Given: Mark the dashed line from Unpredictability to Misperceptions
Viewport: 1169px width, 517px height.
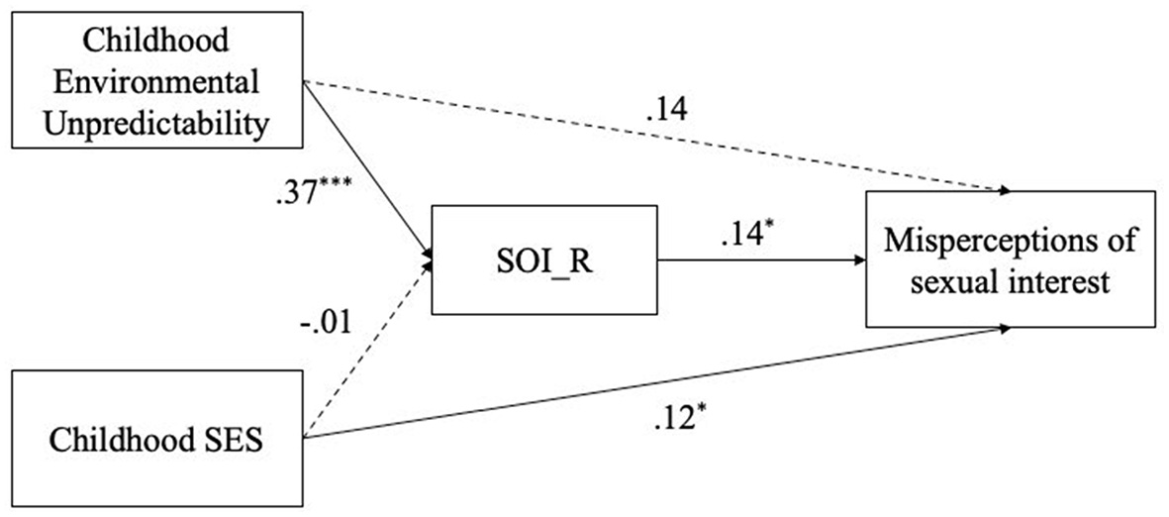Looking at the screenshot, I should click(x=653, y=136).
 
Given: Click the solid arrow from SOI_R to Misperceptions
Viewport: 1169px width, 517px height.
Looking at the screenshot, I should click(x=762, y=261).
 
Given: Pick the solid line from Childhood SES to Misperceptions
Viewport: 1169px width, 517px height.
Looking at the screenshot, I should click(x=653, y=381).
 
